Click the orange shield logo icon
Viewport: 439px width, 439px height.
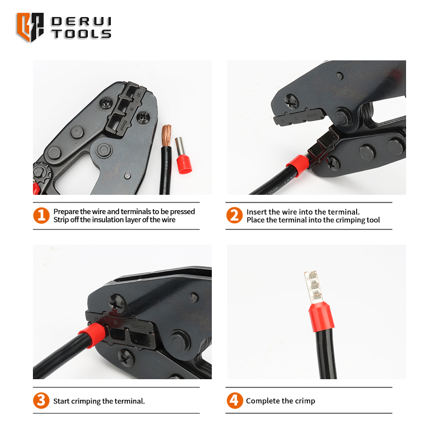pos(30,27)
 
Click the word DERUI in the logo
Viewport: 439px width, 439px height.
pos(81,21)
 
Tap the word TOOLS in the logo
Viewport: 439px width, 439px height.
pos(81,33)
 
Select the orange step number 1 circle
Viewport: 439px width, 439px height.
pos(42,216)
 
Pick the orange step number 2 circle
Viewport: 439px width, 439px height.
pos(234,215)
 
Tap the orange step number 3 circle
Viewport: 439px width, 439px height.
pos(41,401)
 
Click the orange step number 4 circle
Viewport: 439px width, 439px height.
pos(235,401)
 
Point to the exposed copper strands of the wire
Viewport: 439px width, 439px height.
pos(167,136)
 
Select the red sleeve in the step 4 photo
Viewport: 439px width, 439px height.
pos(322,317)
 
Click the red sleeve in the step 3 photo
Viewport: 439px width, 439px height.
pos(92,335)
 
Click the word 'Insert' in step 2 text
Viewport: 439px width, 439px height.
pos(256,212)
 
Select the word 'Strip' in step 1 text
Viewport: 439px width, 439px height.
pos(61,220)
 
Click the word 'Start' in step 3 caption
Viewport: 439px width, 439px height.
pos(61,401)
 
